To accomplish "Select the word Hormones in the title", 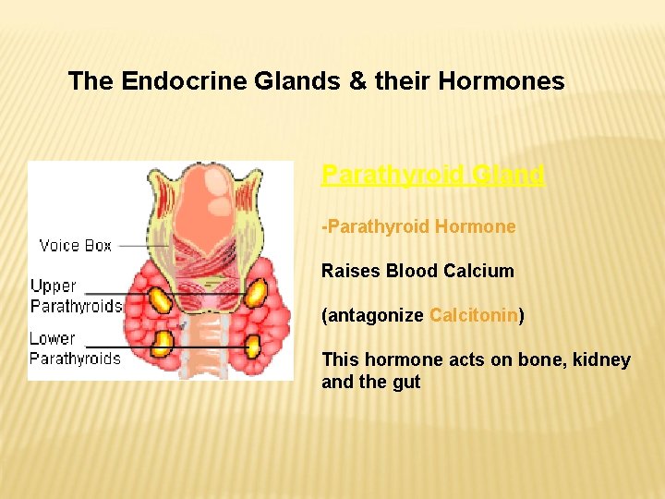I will pos(502,81).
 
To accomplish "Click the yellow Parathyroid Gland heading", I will pos(432,174).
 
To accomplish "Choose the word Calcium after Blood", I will pos(478,271).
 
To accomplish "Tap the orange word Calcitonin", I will pos(473,315).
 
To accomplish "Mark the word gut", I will pos(406,382).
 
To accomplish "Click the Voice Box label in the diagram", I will pos(75,245).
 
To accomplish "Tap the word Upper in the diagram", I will pos(54,286).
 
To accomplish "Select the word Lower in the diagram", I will pos(53,338).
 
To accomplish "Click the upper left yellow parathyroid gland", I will pos(162,298).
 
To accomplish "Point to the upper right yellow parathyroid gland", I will pos(254,294).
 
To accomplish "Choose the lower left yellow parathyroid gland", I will pos(163,343).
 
